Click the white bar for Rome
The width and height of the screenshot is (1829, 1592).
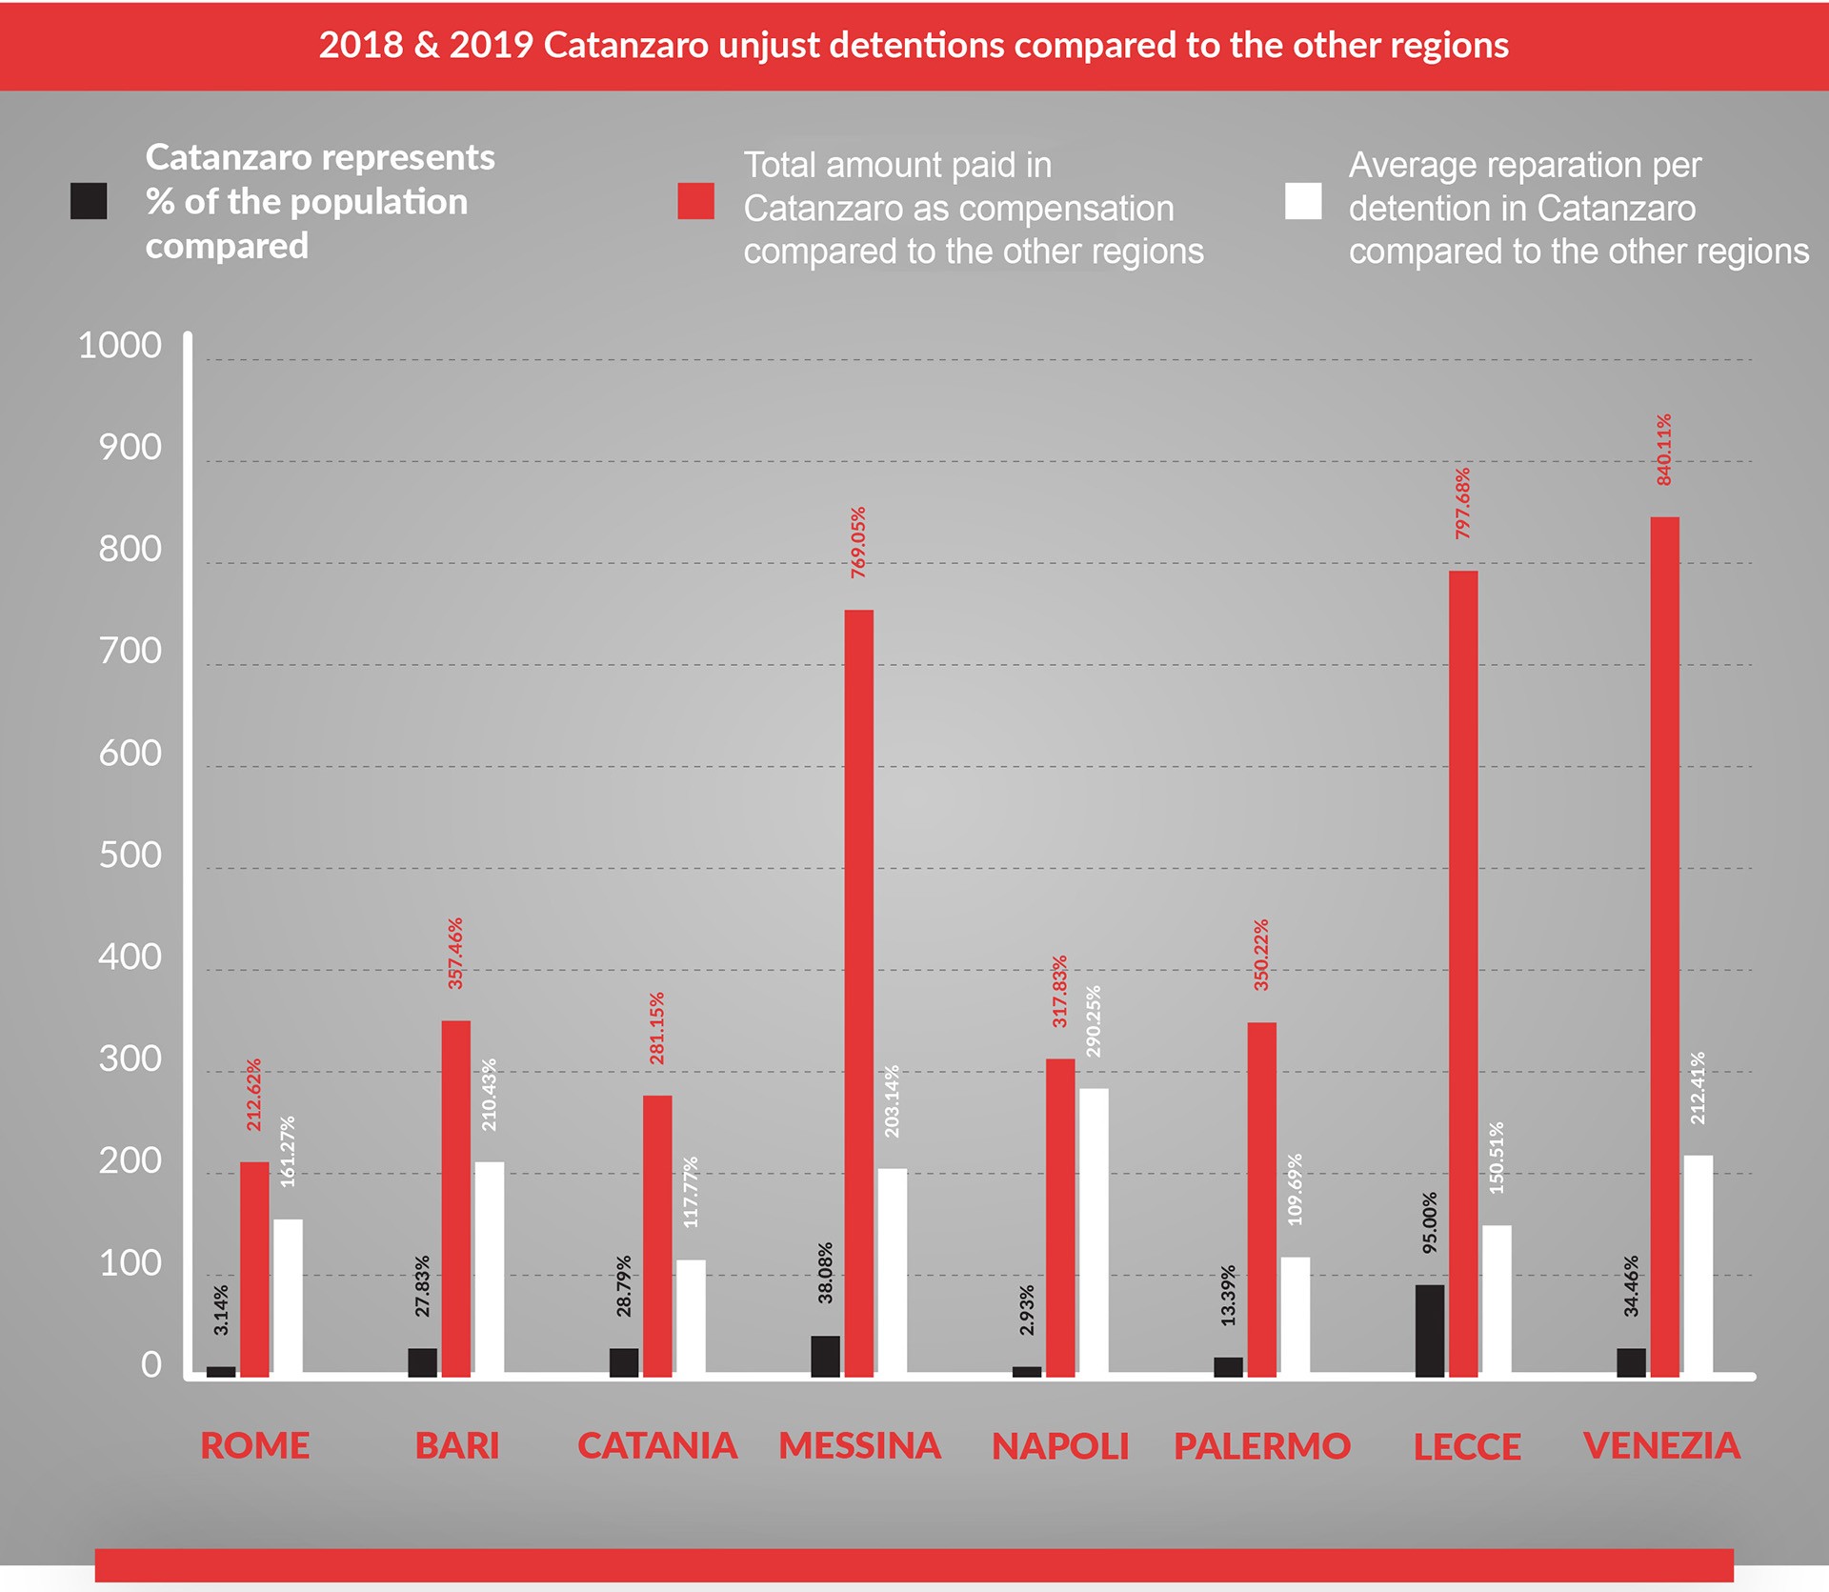point(288,1297)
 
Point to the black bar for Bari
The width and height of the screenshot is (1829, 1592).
point(422,1361)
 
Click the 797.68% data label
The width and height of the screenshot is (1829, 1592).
point(1462,504)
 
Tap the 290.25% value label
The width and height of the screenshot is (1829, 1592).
point(1094,1021)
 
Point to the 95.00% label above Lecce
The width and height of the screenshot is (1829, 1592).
point(1429,1222)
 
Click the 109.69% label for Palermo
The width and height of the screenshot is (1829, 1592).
point(1295,1190)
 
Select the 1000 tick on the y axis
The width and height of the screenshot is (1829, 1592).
point(120,345)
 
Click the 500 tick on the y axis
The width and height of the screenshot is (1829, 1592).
point(131,855)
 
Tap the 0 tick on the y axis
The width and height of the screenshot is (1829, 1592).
point(151,1364)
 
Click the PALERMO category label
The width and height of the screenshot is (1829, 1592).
point(1261,1446)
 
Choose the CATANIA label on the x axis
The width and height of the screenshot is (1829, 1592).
point(657,1446)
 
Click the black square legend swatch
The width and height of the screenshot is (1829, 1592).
point(89,201)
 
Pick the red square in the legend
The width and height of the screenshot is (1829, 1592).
point(695,201)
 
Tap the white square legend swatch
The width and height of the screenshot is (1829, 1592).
point(1302,201)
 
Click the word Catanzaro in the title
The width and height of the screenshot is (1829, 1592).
point(625,46)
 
